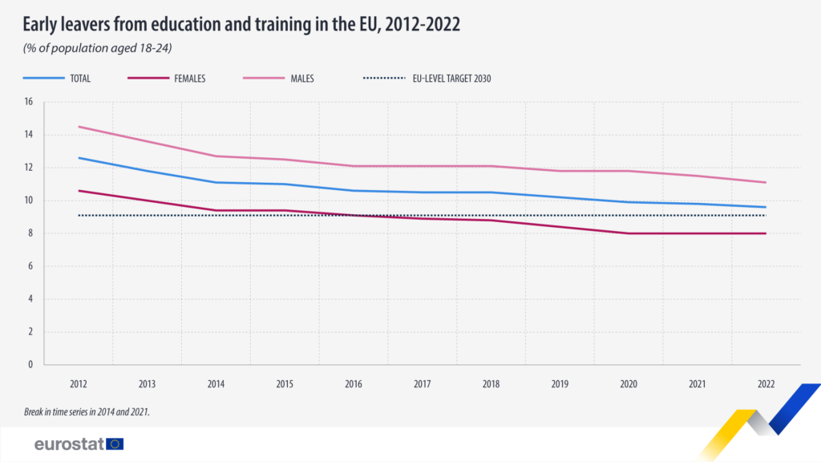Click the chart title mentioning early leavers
click(241, 24)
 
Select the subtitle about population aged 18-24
click(98, 48)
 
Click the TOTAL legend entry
click(79, 79)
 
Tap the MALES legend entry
click(302, 79)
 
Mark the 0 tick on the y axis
click(30, 364)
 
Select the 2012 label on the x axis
click(79, 384)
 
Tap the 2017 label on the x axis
click(423, 384)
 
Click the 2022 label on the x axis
click(766, 384)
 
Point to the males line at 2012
click(79, 127)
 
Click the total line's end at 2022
click(766, 207)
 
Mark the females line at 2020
click(629, 233)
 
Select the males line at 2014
click(216, 156)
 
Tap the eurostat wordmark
click(68, 444)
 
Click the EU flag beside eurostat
click(115, 444)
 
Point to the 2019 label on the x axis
click(560, 384)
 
